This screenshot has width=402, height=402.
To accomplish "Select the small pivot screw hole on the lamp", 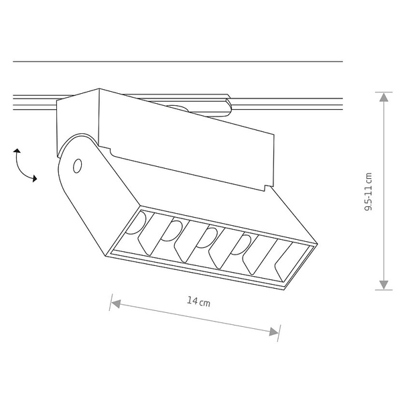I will point(78,165).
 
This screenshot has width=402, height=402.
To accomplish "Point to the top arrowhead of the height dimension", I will point(383,97).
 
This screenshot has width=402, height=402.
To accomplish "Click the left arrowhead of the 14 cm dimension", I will point(116,304).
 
